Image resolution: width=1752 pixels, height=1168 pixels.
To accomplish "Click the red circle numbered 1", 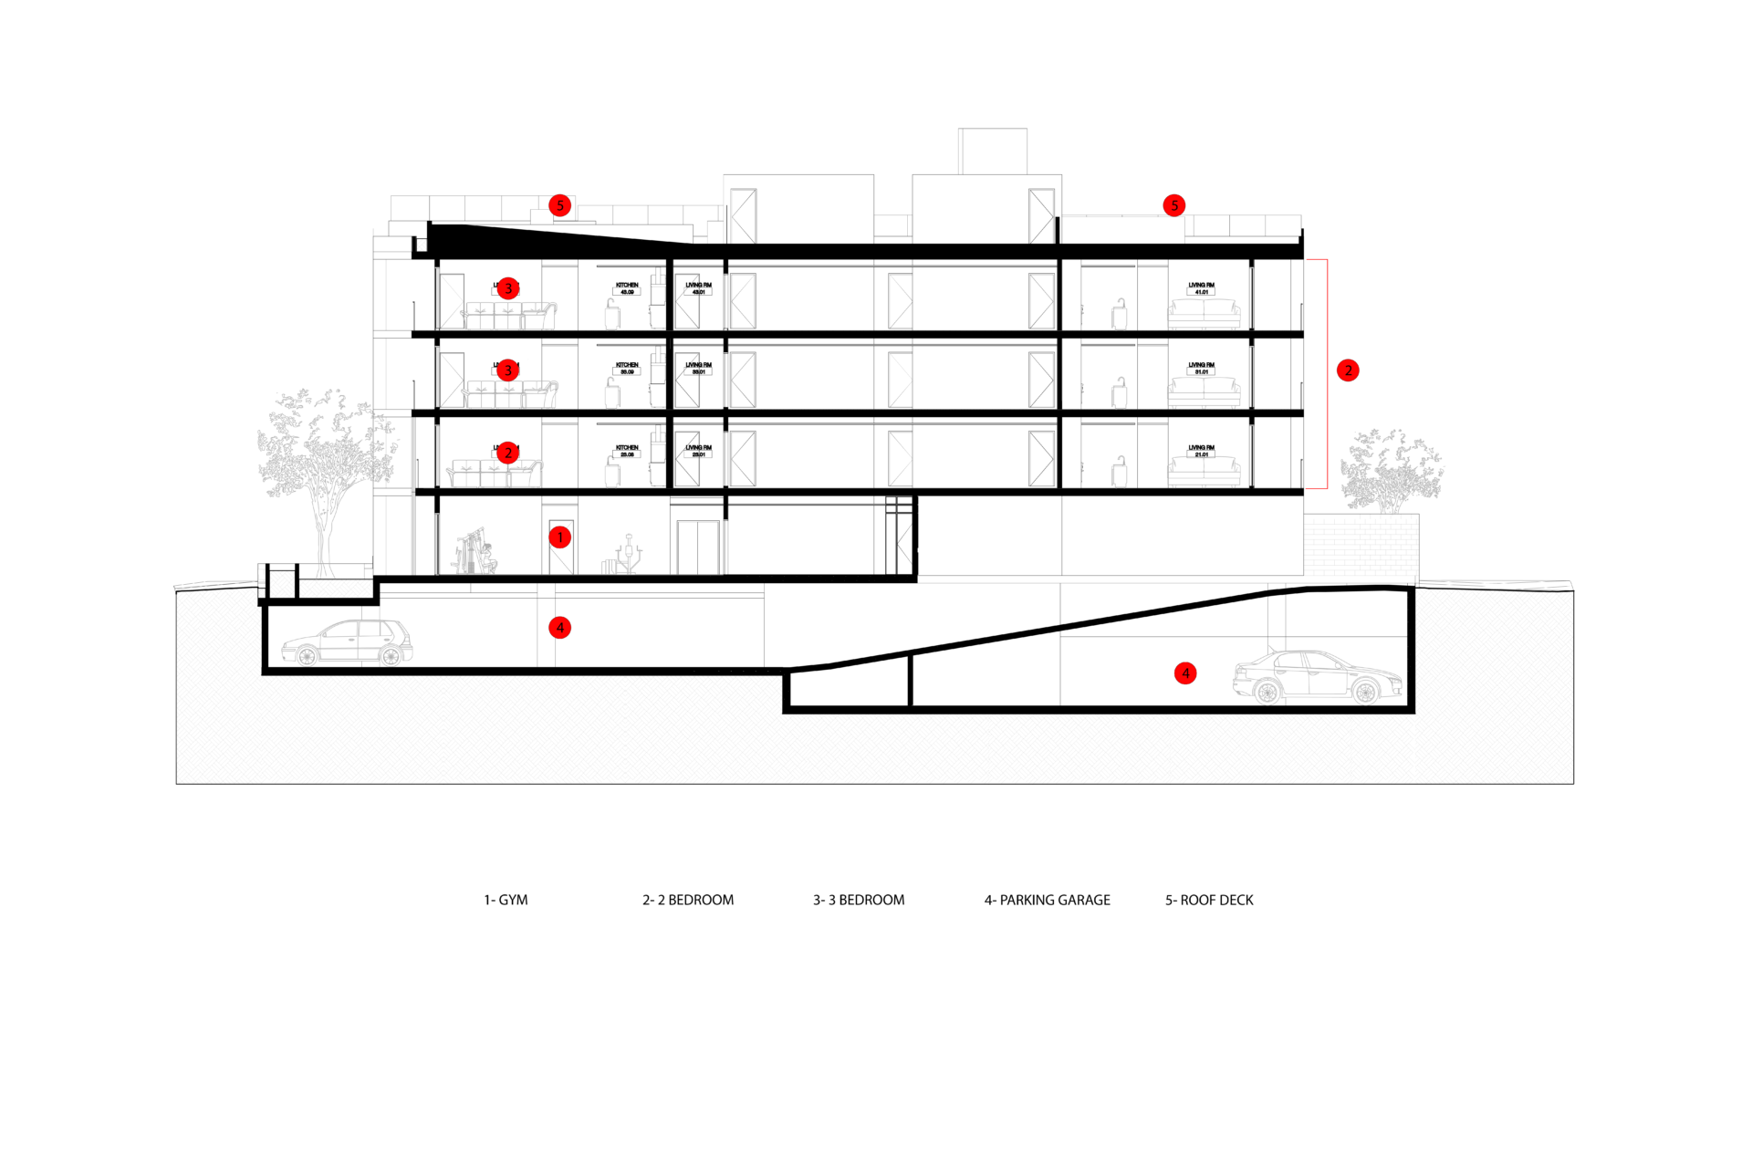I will (x=559, y=537).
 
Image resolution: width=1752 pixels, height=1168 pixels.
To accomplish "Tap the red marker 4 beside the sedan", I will (x=1184, y=673).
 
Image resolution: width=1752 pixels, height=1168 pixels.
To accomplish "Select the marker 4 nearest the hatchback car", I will (x=559, y=628).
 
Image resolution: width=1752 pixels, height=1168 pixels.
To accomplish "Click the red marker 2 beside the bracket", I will (x=1348, y=370).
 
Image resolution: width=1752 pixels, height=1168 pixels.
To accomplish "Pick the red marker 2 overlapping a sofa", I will (x=508, y=453).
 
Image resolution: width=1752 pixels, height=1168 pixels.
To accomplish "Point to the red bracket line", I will (x=1327, y=374).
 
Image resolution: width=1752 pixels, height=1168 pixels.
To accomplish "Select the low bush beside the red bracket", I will (x=1391, y=471).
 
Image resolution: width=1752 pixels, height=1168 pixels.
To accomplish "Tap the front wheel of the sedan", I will (x=1365, y=693).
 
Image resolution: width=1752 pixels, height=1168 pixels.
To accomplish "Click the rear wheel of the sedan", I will (x=1267, y=693).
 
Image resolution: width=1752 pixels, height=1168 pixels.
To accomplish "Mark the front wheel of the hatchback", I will (x=308, y=655).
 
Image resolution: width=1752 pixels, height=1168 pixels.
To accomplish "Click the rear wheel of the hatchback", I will (x=391, y=655).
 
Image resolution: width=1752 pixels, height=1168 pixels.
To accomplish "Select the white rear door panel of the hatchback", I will (x=370, y=639).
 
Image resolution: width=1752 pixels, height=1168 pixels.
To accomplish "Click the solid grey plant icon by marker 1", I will (x=474, y=553).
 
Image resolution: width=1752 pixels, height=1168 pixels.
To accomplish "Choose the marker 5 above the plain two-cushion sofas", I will (x=1174, y=205).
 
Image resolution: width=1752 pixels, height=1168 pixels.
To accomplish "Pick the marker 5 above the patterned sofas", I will (x=559, y=205).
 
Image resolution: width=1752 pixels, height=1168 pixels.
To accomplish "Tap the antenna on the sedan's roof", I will (x=1271, y=649).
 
